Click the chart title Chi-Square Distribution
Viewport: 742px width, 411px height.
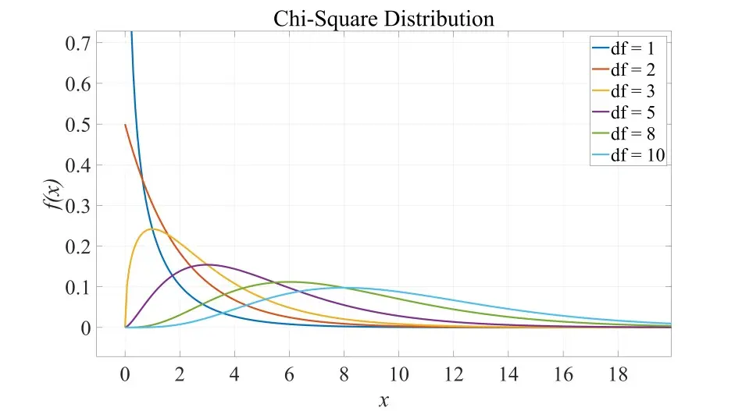coord(383,18)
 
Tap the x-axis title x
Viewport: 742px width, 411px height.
coord(383,401)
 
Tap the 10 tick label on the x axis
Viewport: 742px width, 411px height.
coord(398,374)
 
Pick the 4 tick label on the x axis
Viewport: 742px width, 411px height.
coord(234,374)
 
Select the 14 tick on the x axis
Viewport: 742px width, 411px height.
coord(508,374)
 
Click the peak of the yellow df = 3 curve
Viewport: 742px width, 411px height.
coord(152,229)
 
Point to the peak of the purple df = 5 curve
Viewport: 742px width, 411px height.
coord(207,264)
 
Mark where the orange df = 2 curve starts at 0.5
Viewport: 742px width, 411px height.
coord(125,125)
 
